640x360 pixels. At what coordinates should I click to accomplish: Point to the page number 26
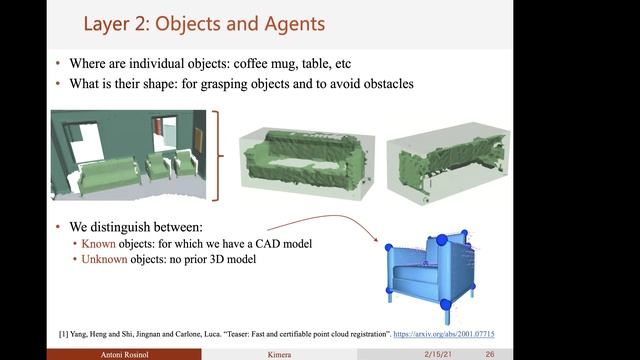point(490,354)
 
